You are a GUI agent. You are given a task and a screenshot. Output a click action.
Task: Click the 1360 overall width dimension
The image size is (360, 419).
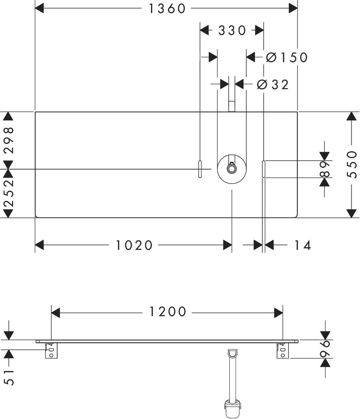tap(167, 9)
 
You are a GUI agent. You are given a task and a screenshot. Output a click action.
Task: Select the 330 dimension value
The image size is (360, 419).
tap(232, 31)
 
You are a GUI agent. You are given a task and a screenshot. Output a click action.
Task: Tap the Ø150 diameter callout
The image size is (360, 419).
tap(287, 58)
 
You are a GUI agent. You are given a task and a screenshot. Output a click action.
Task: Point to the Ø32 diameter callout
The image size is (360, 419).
tap(272, 84)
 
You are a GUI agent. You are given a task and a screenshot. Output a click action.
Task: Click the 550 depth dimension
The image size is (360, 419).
tap(351, 164)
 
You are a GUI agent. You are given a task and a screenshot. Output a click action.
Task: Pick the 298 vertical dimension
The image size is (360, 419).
tap(9, 140)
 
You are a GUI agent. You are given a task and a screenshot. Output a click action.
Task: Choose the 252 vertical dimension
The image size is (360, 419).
tap(9, 193)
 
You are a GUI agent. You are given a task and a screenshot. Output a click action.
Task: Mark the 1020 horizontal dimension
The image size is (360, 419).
tap(134, 245)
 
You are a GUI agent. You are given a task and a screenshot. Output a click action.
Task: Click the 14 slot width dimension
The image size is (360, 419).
tap(302, 245)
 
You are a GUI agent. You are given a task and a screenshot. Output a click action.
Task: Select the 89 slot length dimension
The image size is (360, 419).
tap(324, 169)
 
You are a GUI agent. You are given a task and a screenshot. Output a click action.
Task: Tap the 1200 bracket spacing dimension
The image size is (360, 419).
tap(168, 312)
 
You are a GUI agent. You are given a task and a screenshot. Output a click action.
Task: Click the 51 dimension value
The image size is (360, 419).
tap(9, 377)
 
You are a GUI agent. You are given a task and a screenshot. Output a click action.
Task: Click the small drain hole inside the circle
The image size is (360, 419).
tap(232, 169)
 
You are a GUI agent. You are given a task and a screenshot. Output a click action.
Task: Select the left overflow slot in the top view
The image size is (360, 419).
tap(200, 169)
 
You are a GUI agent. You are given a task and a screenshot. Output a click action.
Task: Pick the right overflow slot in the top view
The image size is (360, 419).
tap(264, 169)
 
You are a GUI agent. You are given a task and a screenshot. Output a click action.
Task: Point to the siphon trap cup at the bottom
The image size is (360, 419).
tap(233, 408)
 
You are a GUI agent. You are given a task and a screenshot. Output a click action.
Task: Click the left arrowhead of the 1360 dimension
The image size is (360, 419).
tap(39, 8)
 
